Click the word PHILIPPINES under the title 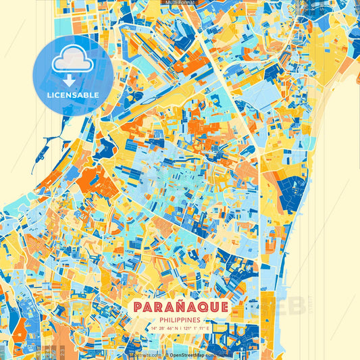(x=180, y=319)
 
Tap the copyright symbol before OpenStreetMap (x=166, y=354)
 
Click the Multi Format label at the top (x=180, y=3)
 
